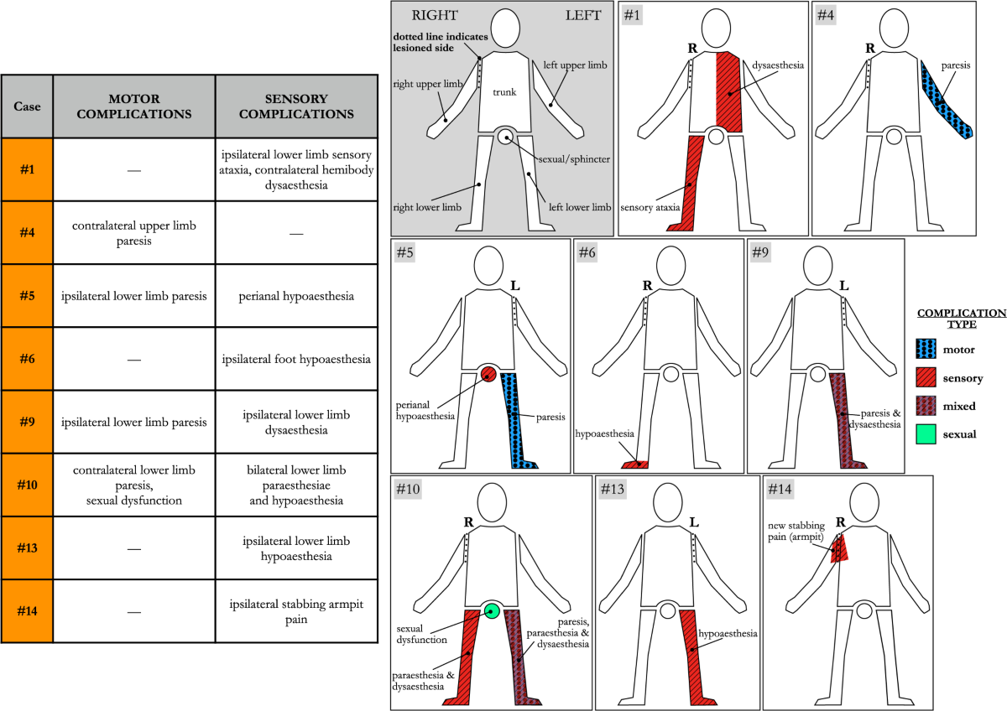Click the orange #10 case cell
(x=27, y=485)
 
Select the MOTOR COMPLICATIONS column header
(x=133, y=106)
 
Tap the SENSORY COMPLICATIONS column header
(x=295, y=106)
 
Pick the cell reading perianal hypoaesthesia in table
(x=295, y=296)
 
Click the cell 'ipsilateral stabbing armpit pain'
(x=295, y=611)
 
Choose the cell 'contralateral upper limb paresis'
(x=133, y=233)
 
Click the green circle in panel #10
(x=492, y=610)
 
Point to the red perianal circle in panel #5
(x=489, y=373)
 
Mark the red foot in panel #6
(x=635, y=462)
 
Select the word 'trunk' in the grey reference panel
(x=503, y=91)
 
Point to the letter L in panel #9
(x=843, y=285)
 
